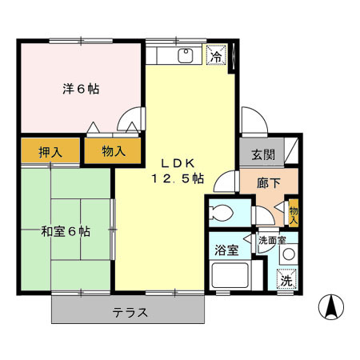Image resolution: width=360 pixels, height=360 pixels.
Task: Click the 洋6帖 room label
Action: coord(82,89)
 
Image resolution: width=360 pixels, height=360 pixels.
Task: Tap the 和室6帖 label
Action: coord(66,231)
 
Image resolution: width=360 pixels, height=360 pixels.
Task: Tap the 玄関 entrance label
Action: coord(264,154)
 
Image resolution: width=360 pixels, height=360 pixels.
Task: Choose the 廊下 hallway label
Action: coord(267,183)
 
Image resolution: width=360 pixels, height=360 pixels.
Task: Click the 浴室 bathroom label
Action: coord(226,250)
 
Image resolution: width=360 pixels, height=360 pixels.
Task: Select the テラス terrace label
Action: coord(129,312)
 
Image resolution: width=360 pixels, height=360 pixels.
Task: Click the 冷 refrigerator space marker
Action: coord(216,56)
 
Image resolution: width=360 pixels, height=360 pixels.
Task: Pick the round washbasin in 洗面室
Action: coord(289,255)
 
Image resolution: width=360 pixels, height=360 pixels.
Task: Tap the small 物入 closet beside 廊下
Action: coord(293,212)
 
